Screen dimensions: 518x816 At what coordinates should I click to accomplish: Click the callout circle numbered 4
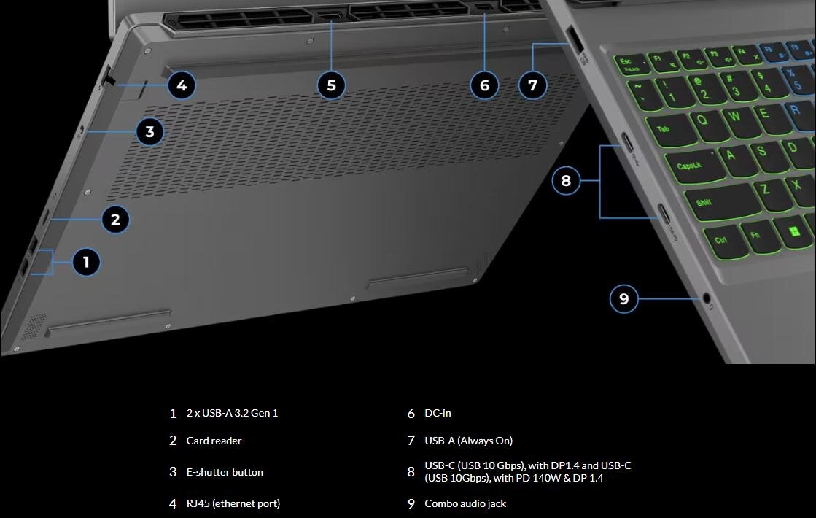pos(182,86)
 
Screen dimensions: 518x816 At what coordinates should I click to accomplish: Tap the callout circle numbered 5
pos(331,86)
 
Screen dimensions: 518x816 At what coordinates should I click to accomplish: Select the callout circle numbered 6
pos(485,86)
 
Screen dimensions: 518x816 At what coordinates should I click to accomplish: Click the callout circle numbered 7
pos(532,86)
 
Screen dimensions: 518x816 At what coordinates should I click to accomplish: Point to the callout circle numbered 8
pos(566,181)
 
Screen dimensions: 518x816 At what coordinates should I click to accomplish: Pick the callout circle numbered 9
pos(623,298)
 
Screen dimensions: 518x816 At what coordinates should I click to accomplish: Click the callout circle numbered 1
pos(86,262)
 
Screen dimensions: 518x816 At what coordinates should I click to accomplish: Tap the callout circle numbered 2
pos(115,219)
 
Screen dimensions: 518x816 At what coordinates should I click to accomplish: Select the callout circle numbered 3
pos(149,132)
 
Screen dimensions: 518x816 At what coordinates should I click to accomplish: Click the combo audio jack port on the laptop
pos(706,298)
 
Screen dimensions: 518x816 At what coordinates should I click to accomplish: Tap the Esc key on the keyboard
pos(627,64)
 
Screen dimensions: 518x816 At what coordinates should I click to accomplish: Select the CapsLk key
pos(690,166)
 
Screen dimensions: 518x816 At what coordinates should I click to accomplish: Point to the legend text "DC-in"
pos(438,414)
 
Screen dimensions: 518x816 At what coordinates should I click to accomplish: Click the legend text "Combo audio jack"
pos(465,504)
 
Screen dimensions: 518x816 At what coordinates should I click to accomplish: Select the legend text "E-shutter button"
pos(225,473)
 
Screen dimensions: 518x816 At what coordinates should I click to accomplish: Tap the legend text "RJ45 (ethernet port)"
pos(233,504)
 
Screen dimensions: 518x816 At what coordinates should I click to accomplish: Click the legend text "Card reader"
pos(214,441)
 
